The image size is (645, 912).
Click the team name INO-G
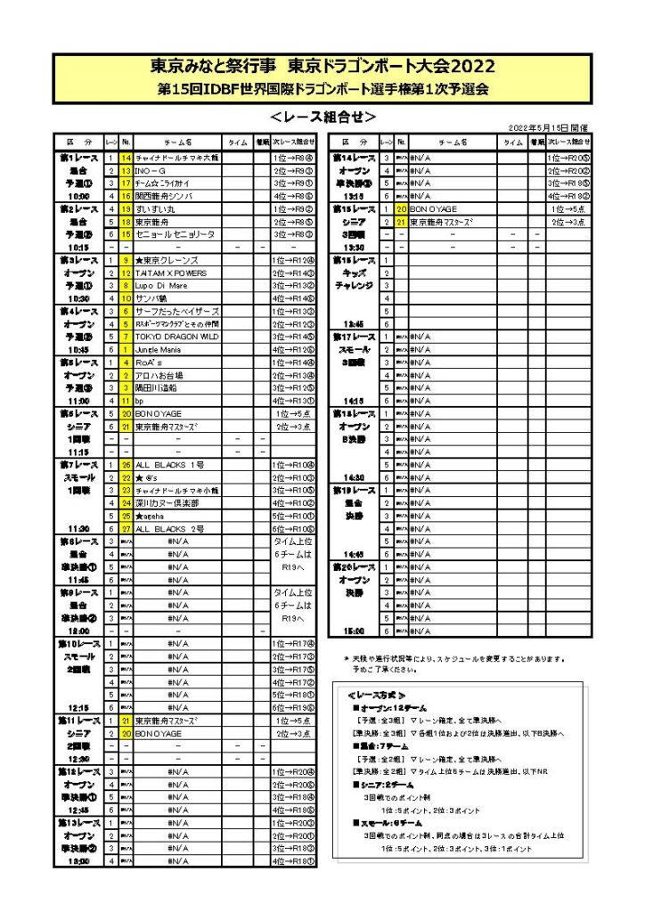151,170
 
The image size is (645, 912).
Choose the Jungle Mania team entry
156,350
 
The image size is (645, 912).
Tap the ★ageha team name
150,516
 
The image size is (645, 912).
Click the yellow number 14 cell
127,158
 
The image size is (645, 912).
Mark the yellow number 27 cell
127,529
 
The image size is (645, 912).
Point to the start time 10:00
75,196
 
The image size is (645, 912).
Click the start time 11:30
75,529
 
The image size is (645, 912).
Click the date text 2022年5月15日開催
548,129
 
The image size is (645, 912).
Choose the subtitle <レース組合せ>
322,117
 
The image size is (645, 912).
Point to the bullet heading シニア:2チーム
387,785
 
